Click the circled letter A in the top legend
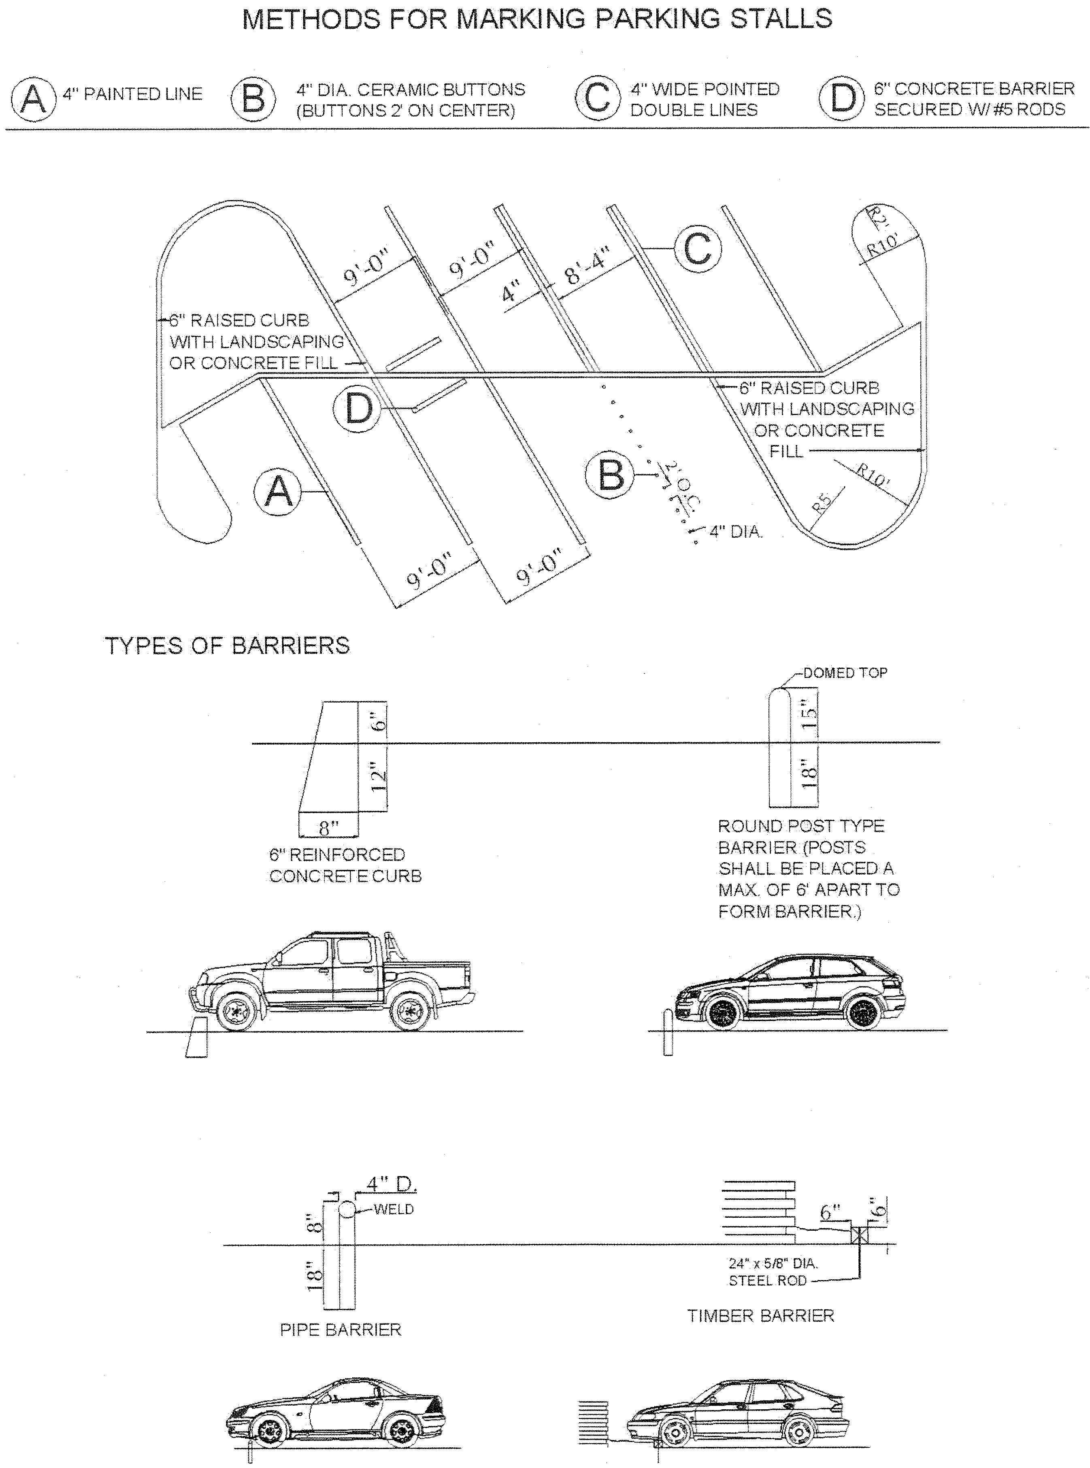click(x=33, y=98)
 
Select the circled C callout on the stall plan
click(x=697, y=249)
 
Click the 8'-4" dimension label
click(x=587, y=265)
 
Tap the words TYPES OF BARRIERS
click(x=227, y=646)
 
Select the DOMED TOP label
click(x=845, y=673)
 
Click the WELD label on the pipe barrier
click(x=394, y=1209)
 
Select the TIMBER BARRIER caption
click(x=761, y=1316)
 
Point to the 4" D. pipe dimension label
click(x=392, y=1184)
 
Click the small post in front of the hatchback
click(x=668, y=1031)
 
